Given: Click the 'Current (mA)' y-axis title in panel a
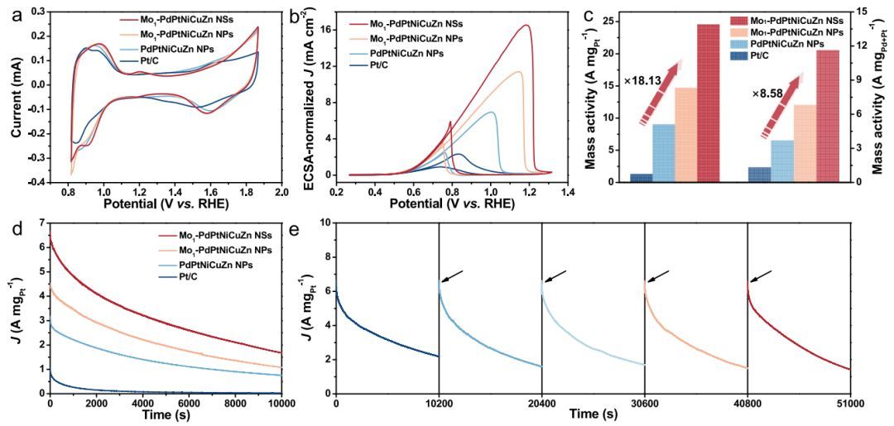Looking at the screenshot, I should pyautogui.click(x=12, y=94).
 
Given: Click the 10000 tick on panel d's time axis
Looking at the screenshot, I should pyautogui.click(x=281, y=403).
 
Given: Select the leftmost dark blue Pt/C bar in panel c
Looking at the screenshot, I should pyautogui.click(x=640, y=177).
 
